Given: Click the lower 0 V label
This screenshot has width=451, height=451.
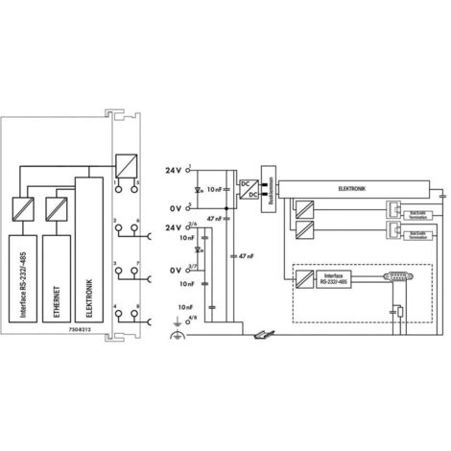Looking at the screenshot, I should [x=171, y=271].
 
